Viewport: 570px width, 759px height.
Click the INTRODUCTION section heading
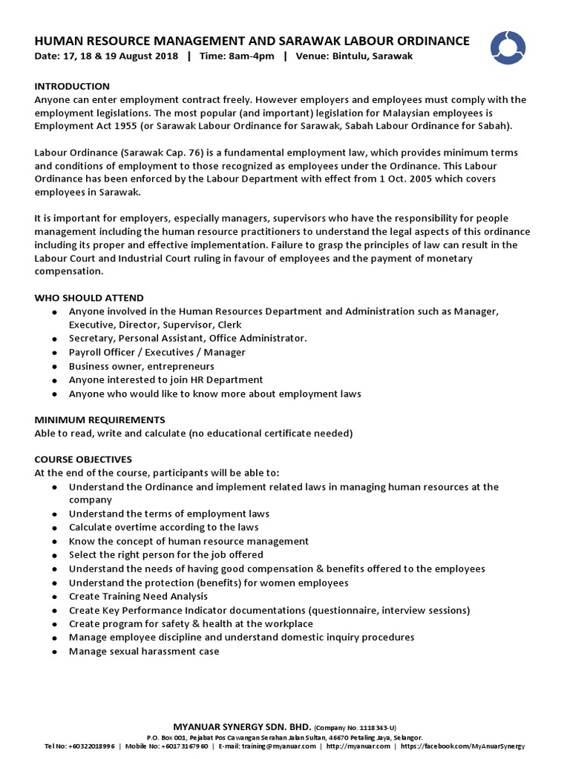[x=72, y=87]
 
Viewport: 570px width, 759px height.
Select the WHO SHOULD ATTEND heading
[x=89, y=298]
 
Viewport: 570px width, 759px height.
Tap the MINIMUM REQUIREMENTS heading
[x=99, y=420]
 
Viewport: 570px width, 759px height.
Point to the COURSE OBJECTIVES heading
[x=83, y=460]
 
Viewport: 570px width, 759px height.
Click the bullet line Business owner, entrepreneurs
[x=141, y=366]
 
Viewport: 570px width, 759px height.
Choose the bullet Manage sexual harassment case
[x=144, y=652]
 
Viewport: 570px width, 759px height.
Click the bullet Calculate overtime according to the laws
[x=163, y=528]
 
